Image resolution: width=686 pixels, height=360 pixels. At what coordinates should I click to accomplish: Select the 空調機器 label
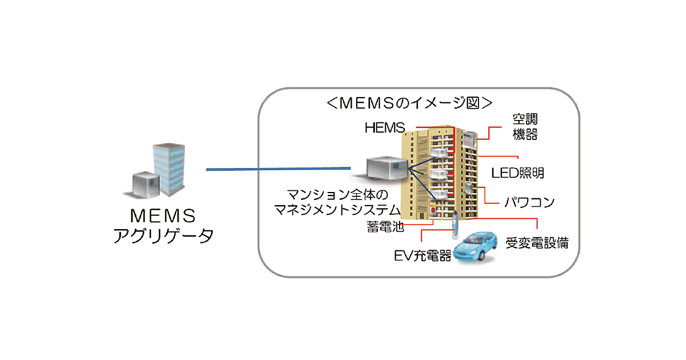pyautogui.click(x=525, y=127)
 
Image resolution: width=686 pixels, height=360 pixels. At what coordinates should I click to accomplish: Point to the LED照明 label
pyautogui.click(x=518, y=172)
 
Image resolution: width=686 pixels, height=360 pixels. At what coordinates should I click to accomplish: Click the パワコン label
pyautogui.click(x=529, y=202)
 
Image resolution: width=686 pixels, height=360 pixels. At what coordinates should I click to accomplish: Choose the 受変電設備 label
pyautogui.click(x=537, y=242)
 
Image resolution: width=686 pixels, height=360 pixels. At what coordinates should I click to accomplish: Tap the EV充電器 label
pyautogui.click(x=422, y=255)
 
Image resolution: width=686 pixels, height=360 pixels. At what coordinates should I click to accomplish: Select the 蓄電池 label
pyautogui.click(x=385, y=227)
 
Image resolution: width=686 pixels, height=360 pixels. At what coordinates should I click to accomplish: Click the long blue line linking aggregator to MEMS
pyautogui.click(x=278, y=169)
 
